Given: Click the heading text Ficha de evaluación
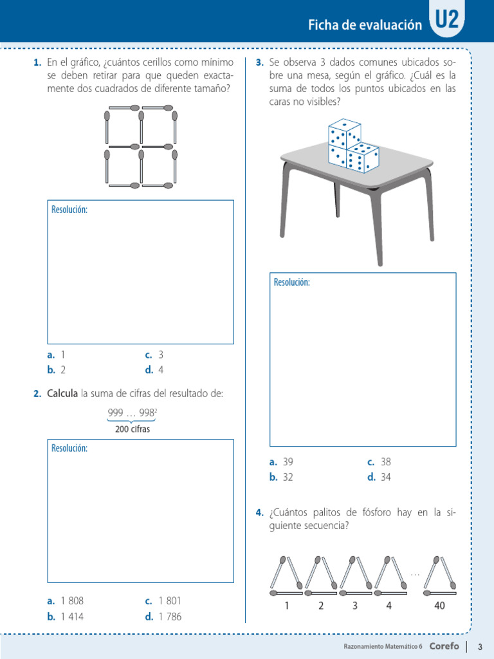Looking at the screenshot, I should click(365, 25).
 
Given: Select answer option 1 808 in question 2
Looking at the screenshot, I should click(66, 600).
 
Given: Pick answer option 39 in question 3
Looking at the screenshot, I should click(282, 461).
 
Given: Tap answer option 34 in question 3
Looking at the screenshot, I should click(379, 477).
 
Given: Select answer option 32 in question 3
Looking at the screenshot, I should click(282, 477).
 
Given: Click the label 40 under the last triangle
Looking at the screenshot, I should click(439, 606).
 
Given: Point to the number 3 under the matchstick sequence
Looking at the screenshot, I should click(354, 606).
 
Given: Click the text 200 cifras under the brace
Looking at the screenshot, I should click(133, 429).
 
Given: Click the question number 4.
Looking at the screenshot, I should click(259, 512).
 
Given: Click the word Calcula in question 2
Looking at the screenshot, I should click(63, 393).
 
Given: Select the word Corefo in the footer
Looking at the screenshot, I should click(444, 646).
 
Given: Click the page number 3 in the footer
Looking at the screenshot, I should click(480, 646).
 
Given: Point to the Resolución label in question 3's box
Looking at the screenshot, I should click(291, 282).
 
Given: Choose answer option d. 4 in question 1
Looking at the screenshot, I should click(154, 370).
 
